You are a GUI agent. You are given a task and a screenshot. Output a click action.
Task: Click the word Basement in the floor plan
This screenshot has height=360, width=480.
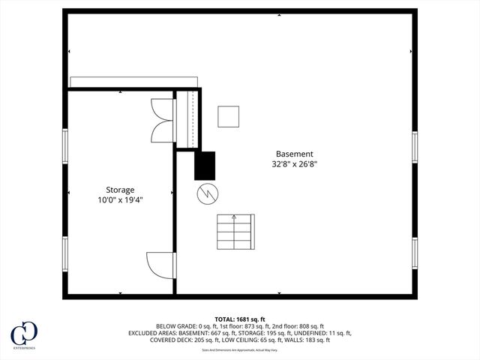point(294,154)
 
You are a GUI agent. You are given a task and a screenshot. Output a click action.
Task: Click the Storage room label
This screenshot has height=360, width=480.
point(120,190)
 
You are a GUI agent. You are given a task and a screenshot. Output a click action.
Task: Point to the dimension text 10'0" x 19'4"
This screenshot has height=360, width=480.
point(120,199)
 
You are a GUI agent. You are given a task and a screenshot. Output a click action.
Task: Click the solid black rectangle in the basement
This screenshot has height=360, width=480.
point(205,166)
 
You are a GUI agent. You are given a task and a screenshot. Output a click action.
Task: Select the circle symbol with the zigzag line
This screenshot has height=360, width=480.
point(206,194)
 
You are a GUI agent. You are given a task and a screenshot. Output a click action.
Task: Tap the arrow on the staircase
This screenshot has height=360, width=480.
point(234,218)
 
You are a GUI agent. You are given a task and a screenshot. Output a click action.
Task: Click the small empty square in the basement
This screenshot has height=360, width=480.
point(228,116)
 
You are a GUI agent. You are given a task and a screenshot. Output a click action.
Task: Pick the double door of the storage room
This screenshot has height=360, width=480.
point(163,120)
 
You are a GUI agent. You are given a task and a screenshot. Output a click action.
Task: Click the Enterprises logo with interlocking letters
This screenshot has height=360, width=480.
point(24,334)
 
